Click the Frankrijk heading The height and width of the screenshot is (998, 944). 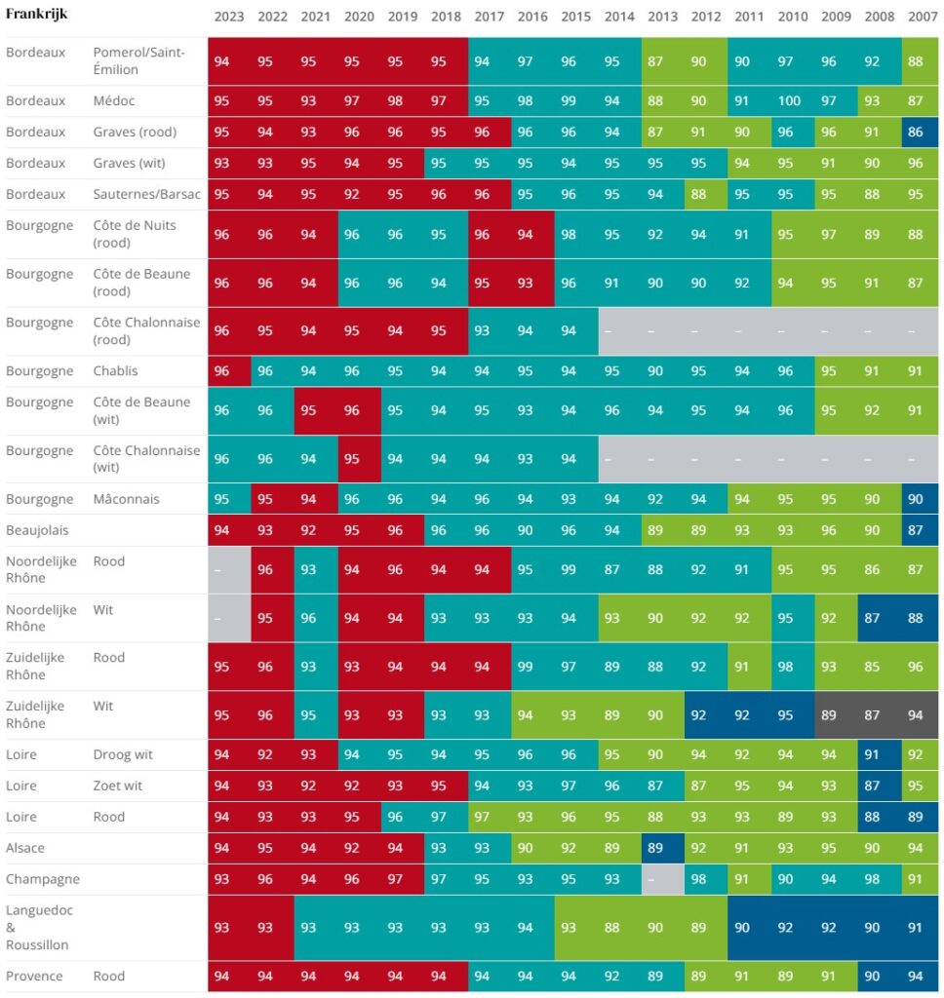(36, 14)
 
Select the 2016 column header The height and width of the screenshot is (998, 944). (532, 17)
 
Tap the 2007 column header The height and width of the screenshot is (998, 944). (923, 17)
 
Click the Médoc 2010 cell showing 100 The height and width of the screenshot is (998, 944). (790, 100)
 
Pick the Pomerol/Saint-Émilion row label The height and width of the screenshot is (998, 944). (138, 60)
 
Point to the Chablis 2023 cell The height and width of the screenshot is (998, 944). (229, 370)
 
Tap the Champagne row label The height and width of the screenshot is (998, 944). (43, 879)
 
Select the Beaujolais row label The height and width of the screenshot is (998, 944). (37, 530)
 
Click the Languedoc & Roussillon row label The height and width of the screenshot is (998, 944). (39, 928)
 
